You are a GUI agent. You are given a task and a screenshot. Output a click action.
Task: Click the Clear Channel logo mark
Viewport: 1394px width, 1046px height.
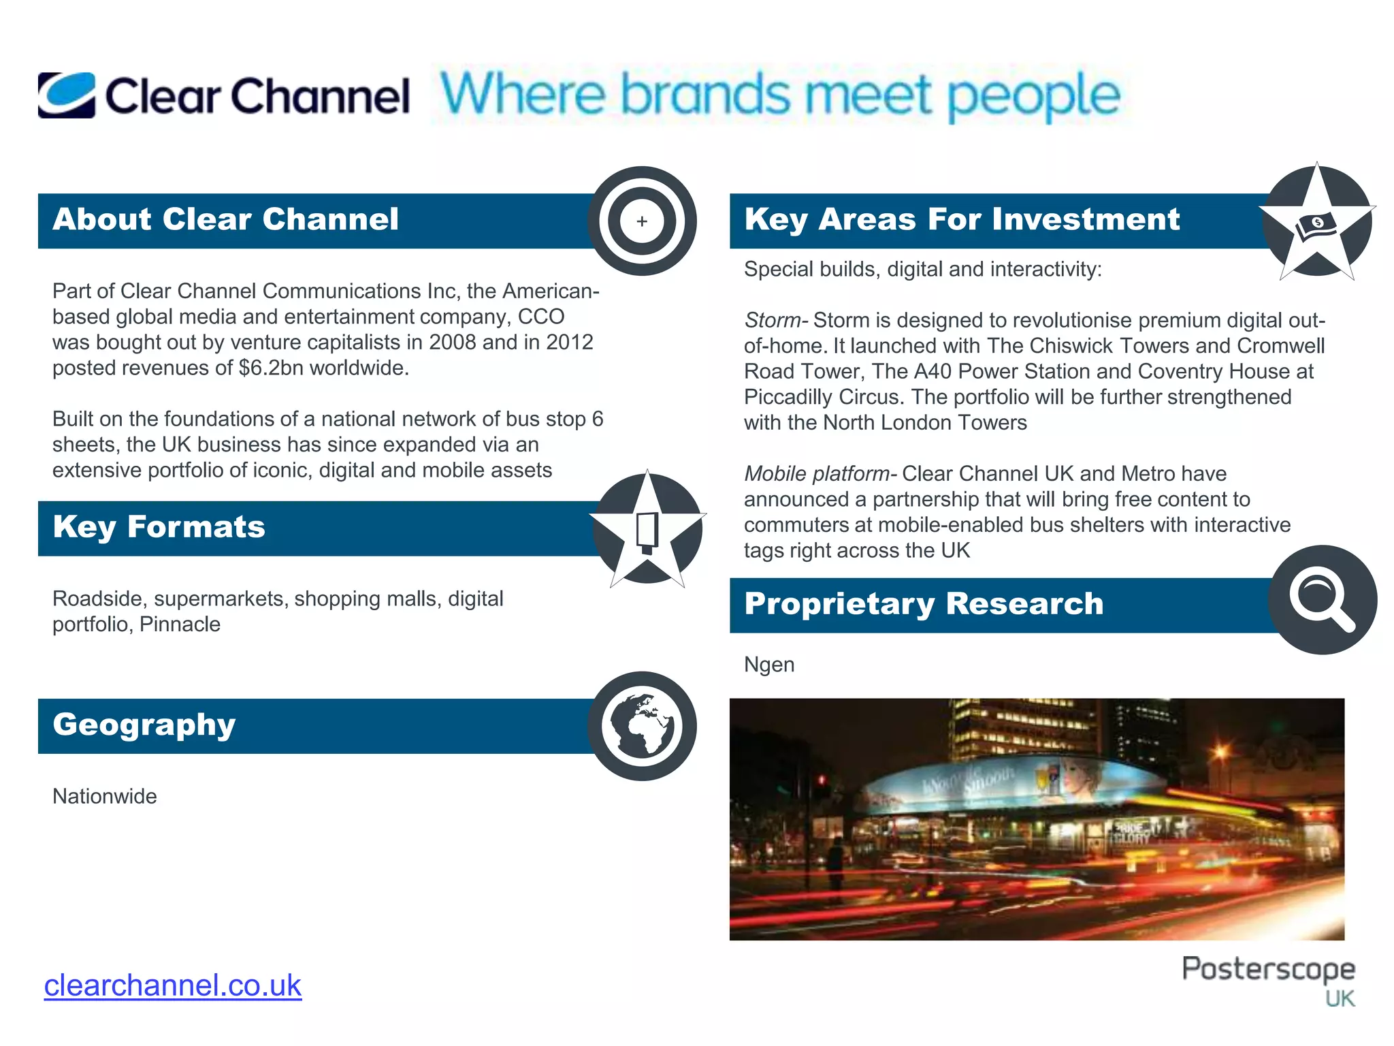(x=67, y=95)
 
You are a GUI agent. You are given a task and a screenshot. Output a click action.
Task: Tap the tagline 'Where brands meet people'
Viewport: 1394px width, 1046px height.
(x=780, y=95)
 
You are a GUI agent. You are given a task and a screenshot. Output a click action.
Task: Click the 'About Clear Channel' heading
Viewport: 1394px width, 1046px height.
(x=225, y=219)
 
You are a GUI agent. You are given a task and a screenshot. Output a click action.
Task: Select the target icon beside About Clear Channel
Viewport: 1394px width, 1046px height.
(x=642, y=221)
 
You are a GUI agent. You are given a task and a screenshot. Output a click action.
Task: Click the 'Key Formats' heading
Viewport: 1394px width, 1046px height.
(x=159, y=527)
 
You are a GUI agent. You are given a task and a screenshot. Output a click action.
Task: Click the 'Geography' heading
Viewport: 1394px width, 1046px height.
(x=144, y=725)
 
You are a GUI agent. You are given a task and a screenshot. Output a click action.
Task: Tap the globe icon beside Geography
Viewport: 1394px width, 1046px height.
(x=642, y=726)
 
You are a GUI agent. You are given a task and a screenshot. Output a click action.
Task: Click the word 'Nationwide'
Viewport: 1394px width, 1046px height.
(x=105, y=796)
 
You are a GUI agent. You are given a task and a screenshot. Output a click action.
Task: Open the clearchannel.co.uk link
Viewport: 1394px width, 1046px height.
(x=173, y=985)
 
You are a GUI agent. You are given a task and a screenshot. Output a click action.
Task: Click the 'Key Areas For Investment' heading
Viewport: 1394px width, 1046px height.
(x=962, y=219)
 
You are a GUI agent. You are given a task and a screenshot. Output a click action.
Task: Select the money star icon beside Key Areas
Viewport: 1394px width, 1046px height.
(x=1317, y=223)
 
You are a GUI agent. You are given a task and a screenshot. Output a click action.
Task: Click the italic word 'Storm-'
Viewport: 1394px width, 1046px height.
(x=776, y=320)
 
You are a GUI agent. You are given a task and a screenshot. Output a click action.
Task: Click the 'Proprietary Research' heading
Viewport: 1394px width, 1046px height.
(x=924, y=604)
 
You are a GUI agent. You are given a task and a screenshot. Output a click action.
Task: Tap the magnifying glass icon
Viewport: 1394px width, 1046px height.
(x=1322, y=599)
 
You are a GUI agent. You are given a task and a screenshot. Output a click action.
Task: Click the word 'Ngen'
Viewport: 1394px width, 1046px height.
(x=769, y=664)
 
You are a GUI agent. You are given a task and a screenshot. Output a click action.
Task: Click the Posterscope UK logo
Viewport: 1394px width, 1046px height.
(x=1269, y=979)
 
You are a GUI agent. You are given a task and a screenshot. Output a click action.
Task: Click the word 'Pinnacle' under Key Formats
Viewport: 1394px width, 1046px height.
(x=180, y=624)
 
